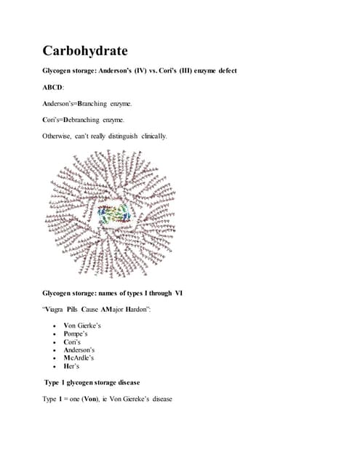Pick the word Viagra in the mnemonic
click(58, 308)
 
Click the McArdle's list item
click(79, 357)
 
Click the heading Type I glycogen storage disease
click(92, 382)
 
